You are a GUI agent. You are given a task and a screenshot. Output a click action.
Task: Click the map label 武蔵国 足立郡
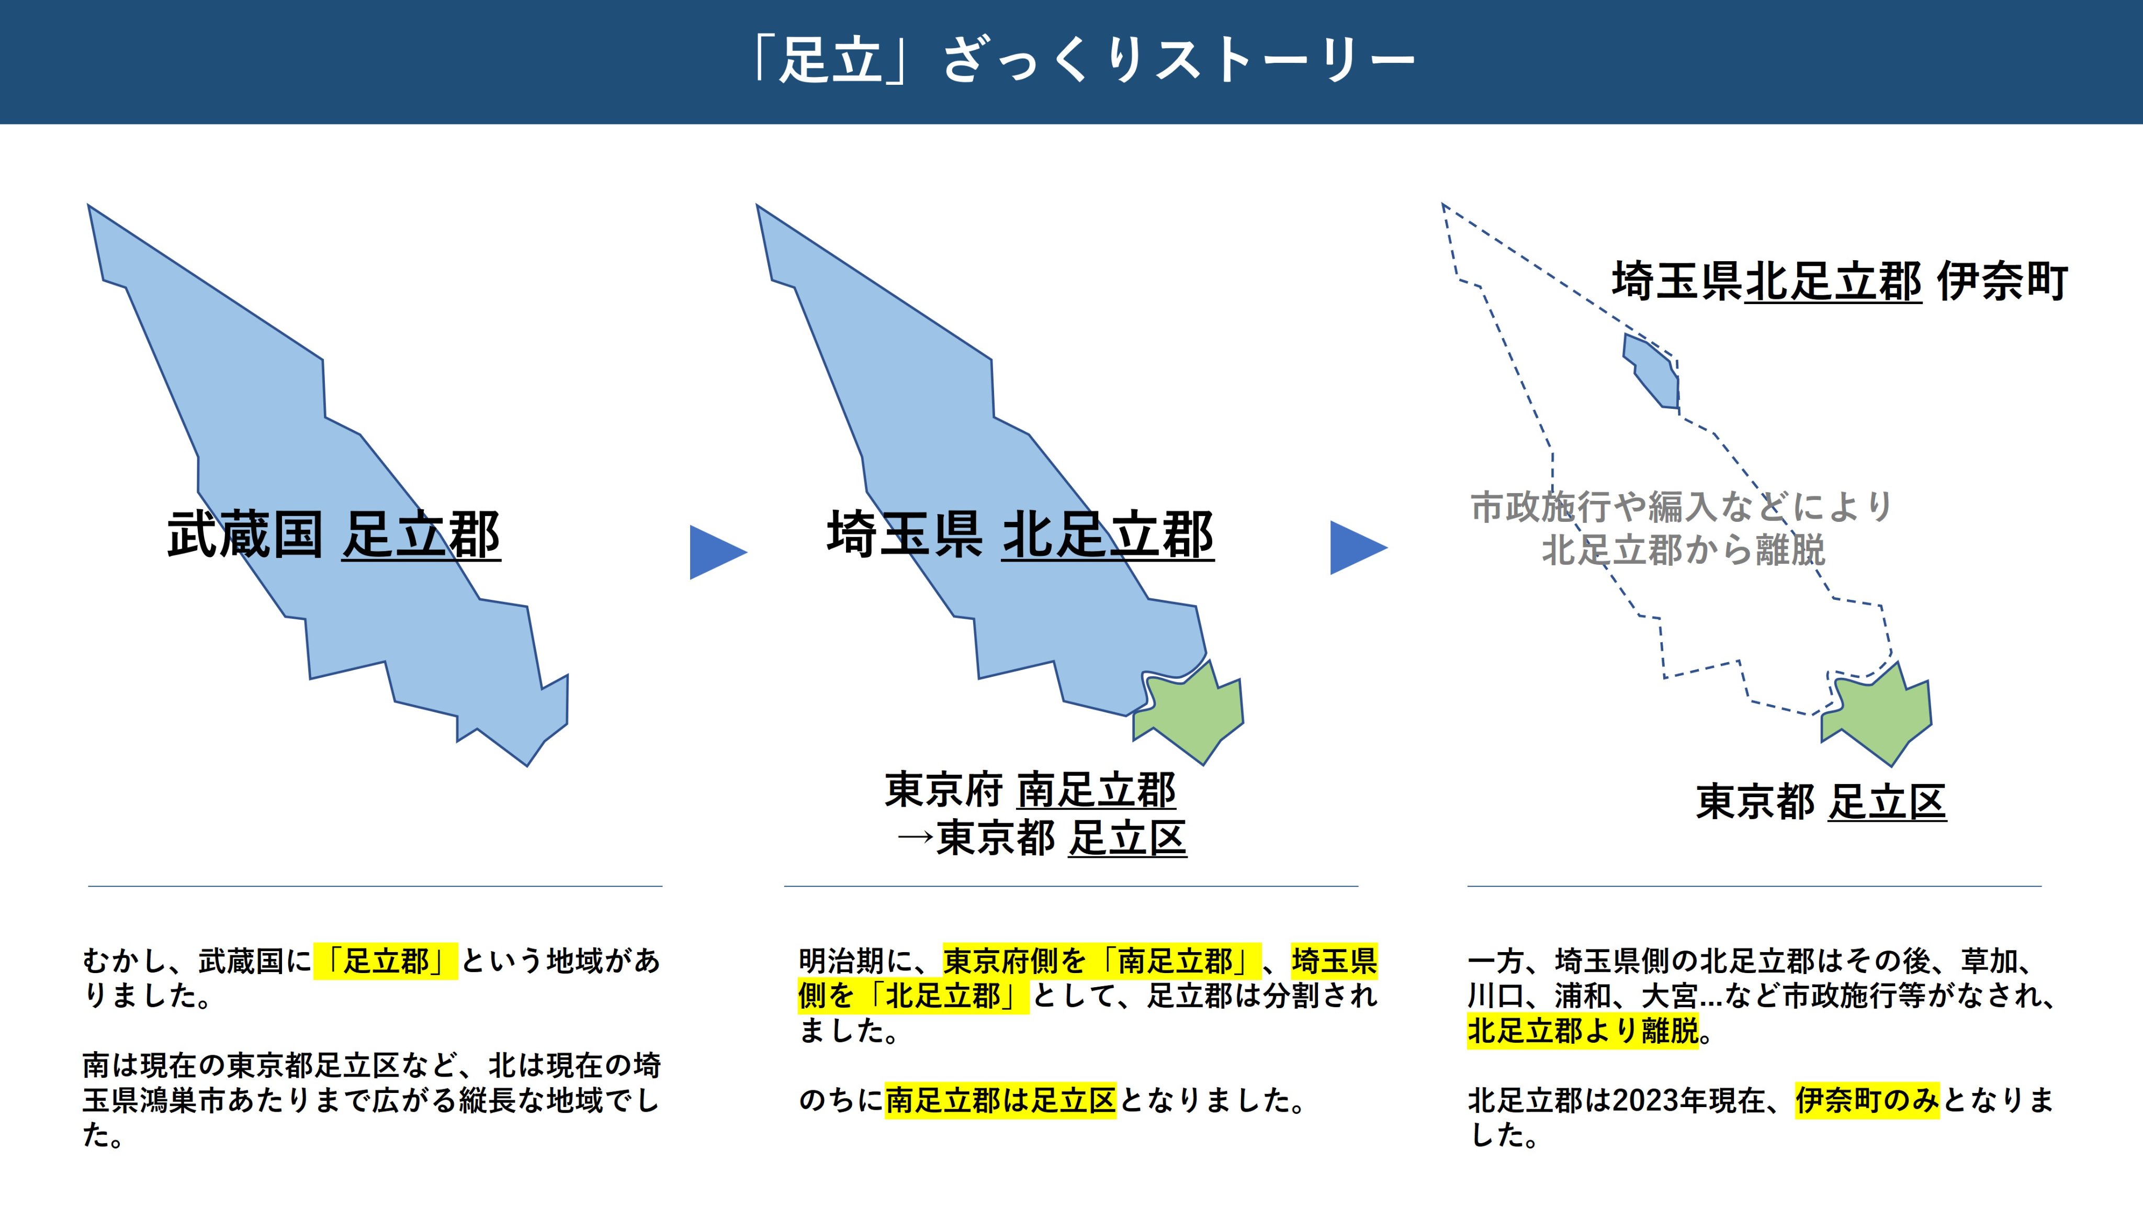click(334, 534)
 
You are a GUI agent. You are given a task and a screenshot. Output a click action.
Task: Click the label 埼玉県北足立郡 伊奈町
click(1840, 281)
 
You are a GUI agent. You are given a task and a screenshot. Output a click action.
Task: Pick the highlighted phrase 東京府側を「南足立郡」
click(1102, 962)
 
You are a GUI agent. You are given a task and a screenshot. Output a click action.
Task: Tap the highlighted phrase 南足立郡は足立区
click(1000, 1100)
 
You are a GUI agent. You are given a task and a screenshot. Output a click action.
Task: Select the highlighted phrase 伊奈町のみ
click(1867, 1100)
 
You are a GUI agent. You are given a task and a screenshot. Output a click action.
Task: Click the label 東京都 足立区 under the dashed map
click(1821, 802)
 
